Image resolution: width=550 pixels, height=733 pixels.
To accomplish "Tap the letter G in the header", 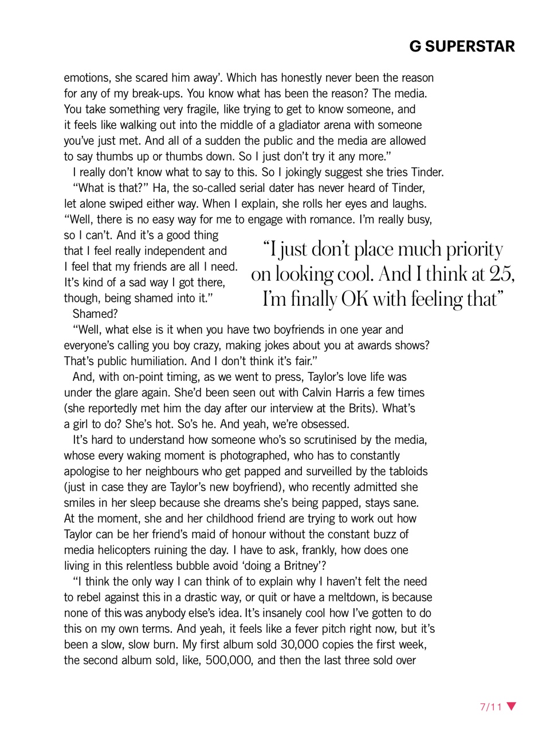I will (x=415, y=46).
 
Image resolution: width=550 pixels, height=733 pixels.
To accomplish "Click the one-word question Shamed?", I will (x=95, y=314).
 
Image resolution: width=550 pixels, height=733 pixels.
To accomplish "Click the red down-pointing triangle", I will (x=512, y=706).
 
